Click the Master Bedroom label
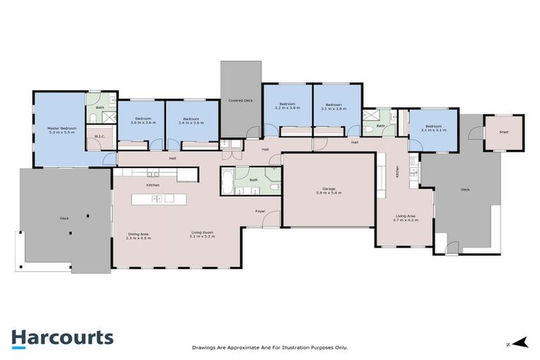click(62, 131)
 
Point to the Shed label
click(503, 132)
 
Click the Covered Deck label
click(240, 101)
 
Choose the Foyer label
click(260, 211)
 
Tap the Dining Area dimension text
click(139, 238)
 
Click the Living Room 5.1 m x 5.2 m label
click(202, 236)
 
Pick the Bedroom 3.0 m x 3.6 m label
click(143, 121)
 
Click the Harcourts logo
click(62, 337)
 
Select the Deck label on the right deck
click(465, 189)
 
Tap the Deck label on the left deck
click(63, 219)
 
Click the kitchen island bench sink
click(159, 198)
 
